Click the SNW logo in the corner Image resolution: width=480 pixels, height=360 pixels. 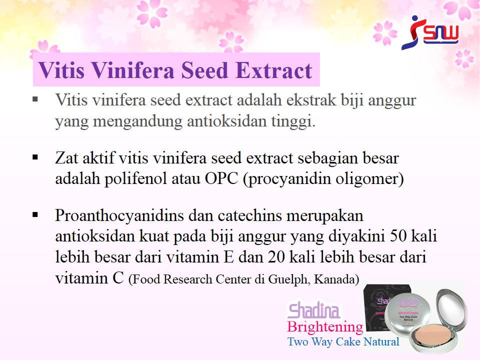point(430,32)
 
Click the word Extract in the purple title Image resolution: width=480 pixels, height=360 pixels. point(273,70)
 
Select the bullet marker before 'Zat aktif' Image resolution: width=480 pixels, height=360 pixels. point(35,157)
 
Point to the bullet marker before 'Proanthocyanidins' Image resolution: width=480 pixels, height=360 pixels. point(35,215)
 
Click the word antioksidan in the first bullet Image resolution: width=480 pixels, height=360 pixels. point(227,121)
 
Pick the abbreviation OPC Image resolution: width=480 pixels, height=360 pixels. point(221,178)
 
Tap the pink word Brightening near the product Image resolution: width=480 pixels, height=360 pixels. point(325,327)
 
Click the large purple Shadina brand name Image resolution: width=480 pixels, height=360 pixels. point(314,310)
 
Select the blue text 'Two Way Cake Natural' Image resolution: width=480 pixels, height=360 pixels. point(343,341)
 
